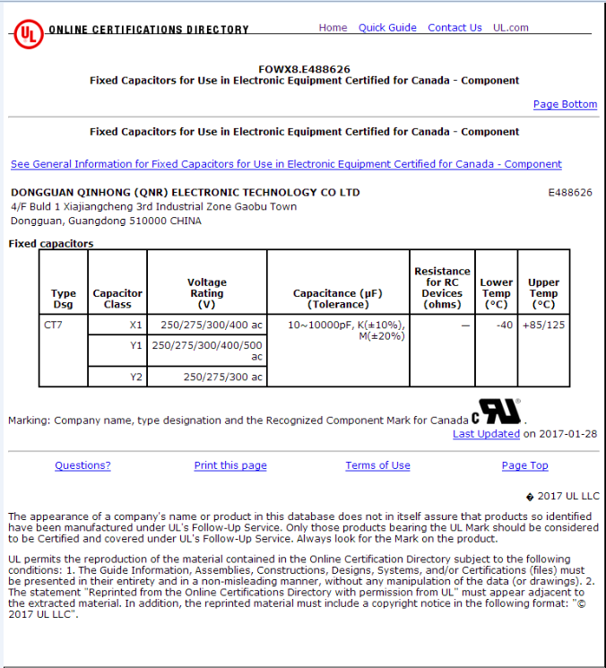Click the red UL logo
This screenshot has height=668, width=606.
(27, 34)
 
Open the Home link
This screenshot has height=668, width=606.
(333, 28)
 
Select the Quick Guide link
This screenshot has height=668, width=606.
(387, 28)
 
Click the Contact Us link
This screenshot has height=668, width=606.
(454, 28)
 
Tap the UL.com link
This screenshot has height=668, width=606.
(511, 28)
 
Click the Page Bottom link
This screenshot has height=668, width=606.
(565, 105)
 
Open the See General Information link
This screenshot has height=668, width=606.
(286, 164)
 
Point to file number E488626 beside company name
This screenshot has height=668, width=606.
(569, 193)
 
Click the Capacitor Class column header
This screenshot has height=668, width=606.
(117, 299)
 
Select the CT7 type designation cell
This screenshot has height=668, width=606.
(54, 325)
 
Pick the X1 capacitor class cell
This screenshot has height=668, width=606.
(135, 325)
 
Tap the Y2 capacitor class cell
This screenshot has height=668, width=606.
(135, 377)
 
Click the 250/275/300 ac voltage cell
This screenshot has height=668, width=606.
(223, 377)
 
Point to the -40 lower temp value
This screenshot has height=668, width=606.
(504, 325)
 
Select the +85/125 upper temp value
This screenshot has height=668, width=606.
(543, 325)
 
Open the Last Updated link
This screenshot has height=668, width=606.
(486, 434)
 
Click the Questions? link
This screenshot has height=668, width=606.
(82, 465)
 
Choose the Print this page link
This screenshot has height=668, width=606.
(230, 465)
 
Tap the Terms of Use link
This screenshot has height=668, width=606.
(377, 465)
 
